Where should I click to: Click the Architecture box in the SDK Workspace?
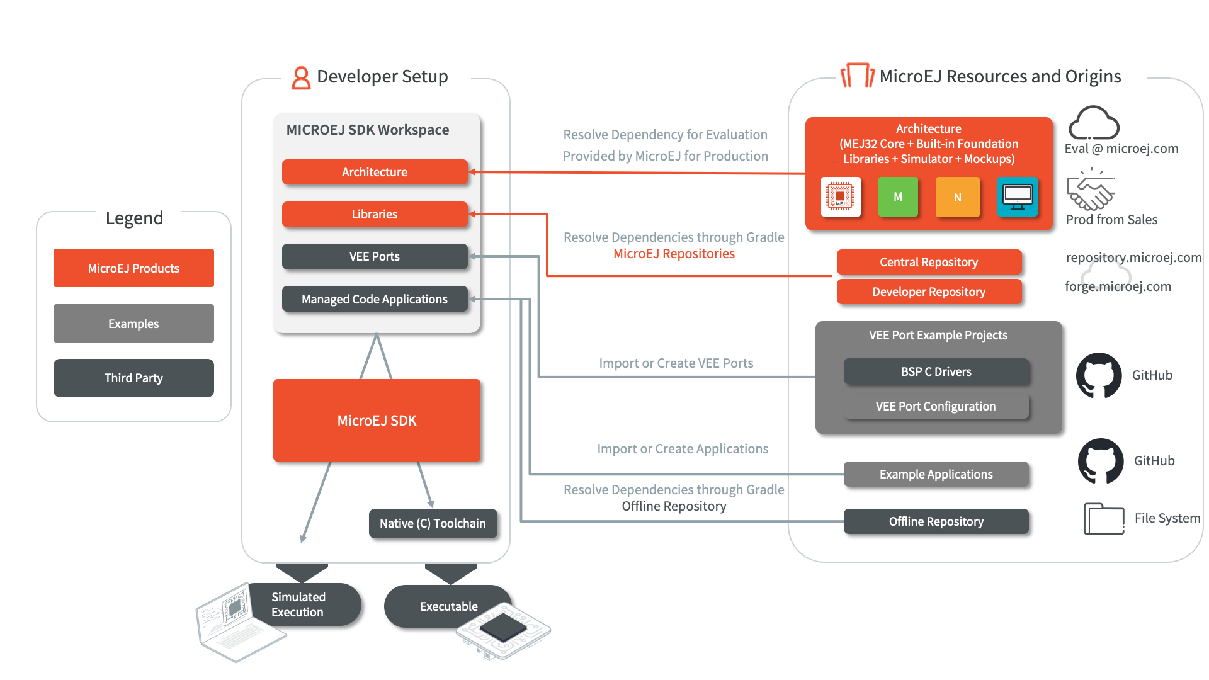tap(375, 172)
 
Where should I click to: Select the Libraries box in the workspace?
tap(375, 214)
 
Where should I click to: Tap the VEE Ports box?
tap(375, 256)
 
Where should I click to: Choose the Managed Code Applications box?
tap(375, 299)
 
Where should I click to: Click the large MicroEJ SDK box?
tap(377, 420)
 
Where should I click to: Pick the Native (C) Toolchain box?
tap(433, 523)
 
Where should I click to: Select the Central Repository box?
tap(929, 262)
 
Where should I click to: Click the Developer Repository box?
tap(929, 292)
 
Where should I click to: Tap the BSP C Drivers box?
tap(936, 371)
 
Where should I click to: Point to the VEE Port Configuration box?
tap(936, 406)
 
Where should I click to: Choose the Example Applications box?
tap(936, 474)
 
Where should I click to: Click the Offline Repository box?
tap(936, 521)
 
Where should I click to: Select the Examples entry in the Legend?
tap(133, 324)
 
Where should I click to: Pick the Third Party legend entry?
tap(133, 378)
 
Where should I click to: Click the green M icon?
tap(898, 197)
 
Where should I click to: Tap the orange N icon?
tap(957, 197)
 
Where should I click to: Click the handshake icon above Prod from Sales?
tap(1091, 190)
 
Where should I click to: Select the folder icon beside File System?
tap(1104, 519)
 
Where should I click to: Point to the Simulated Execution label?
tap(298, 604)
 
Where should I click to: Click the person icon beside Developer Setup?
tap(301, 78)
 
